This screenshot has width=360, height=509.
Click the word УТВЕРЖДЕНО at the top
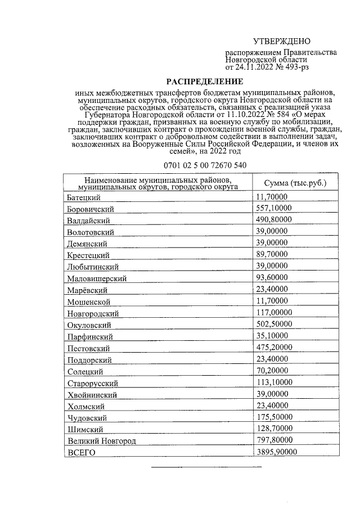click(x=281, y=42)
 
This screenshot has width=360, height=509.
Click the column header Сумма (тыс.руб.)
click(x=295, y=183)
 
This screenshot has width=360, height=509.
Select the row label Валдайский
click(x=88, y=220)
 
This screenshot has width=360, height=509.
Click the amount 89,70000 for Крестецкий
click(x=272, y=254)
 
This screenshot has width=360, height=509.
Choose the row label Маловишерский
click(x=96, y=278)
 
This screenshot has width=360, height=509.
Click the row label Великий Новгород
click(x=101, y=441)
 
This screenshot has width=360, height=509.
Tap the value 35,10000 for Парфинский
click(x=272, y=336)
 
